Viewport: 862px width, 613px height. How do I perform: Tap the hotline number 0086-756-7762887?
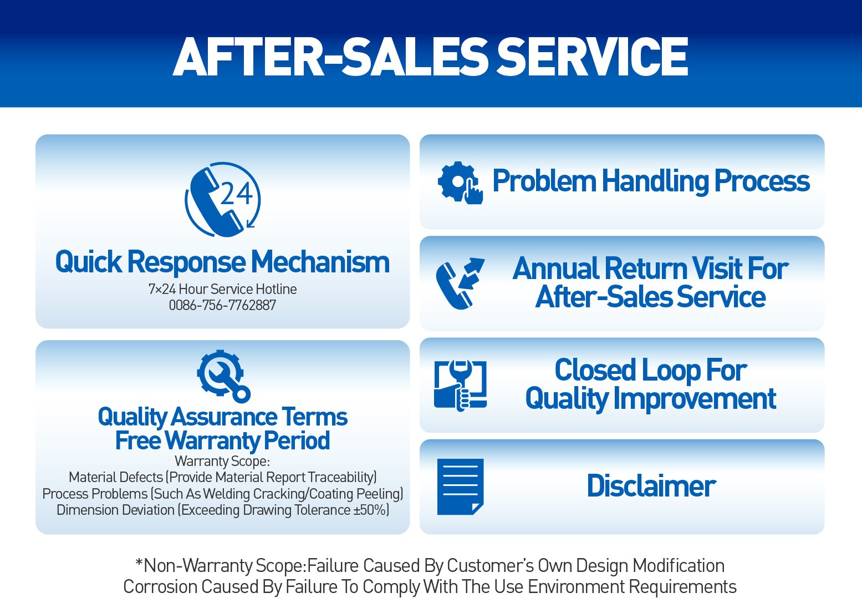tap(222, 305)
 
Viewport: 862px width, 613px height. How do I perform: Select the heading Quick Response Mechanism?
tap(222, 262)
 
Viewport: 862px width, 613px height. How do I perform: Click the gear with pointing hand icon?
tap(460, 183)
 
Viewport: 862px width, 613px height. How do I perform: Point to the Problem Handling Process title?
tap(651, 181)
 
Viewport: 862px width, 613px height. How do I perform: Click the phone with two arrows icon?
tap(460, 283)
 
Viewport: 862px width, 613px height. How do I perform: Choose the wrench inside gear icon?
tap(223, 376)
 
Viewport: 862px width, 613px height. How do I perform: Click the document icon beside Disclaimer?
tap(460, 487)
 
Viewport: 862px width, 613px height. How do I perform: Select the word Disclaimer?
tap(651, 487)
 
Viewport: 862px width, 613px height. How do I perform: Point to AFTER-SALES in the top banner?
tap(330, 57)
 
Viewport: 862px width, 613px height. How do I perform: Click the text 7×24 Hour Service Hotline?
tap(222, 289)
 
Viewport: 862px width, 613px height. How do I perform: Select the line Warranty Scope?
tap(222, 461)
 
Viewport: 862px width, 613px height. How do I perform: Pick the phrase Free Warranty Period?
tap(222, 441)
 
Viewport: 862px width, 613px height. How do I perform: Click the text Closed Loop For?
tap(651, 370)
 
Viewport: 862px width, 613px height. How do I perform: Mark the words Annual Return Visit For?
tap(651, 268)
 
